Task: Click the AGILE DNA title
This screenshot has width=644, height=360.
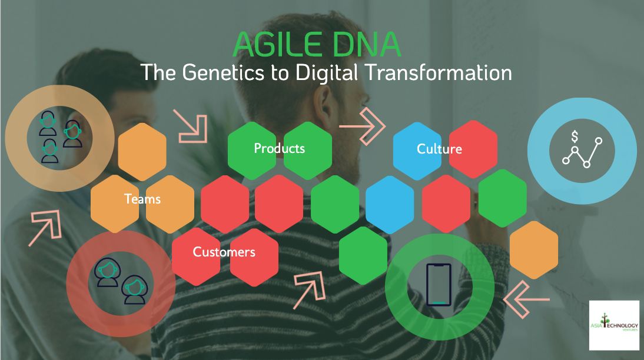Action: tap(317, 44)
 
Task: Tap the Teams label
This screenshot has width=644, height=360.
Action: tap(142, 199)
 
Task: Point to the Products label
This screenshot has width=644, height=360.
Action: tap(279, 148)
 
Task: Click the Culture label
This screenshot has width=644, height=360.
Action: tap(439, 149)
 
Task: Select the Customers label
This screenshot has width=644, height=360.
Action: tap(224, 252)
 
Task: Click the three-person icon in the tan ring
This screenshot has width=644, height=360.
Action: tap(59, 136)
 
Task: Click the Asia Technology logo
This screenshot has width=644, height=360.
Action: tap(614, 325)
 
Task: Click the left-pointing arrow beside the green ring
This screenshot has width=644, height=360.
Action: tap(526, 296)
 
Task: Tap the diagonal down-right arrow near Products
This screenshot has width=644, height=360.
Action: tap(191, 125)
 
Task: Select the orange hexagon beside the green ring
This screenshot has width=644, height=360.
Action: tap(533, 249)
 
